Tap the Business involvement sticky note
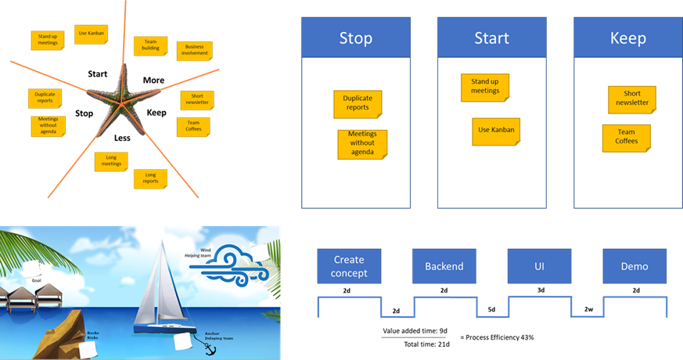[194, 51]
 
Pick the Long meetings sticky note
[111, 161]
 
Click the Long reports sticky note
[150, 178]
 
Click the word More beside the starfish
[153, 80]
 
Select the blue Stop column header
[355, 38]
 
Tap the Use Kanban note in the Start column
[496, 131]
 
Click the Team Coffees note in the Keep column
[626, 138]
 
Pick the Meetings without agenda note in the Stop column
[362, 144]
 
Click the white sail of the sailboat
[161, 278]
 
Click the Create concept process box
[350, 266]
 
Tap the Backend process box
[444, 266]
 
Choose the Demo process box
[634, 266]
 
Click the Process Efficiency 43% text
[498, 337]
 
